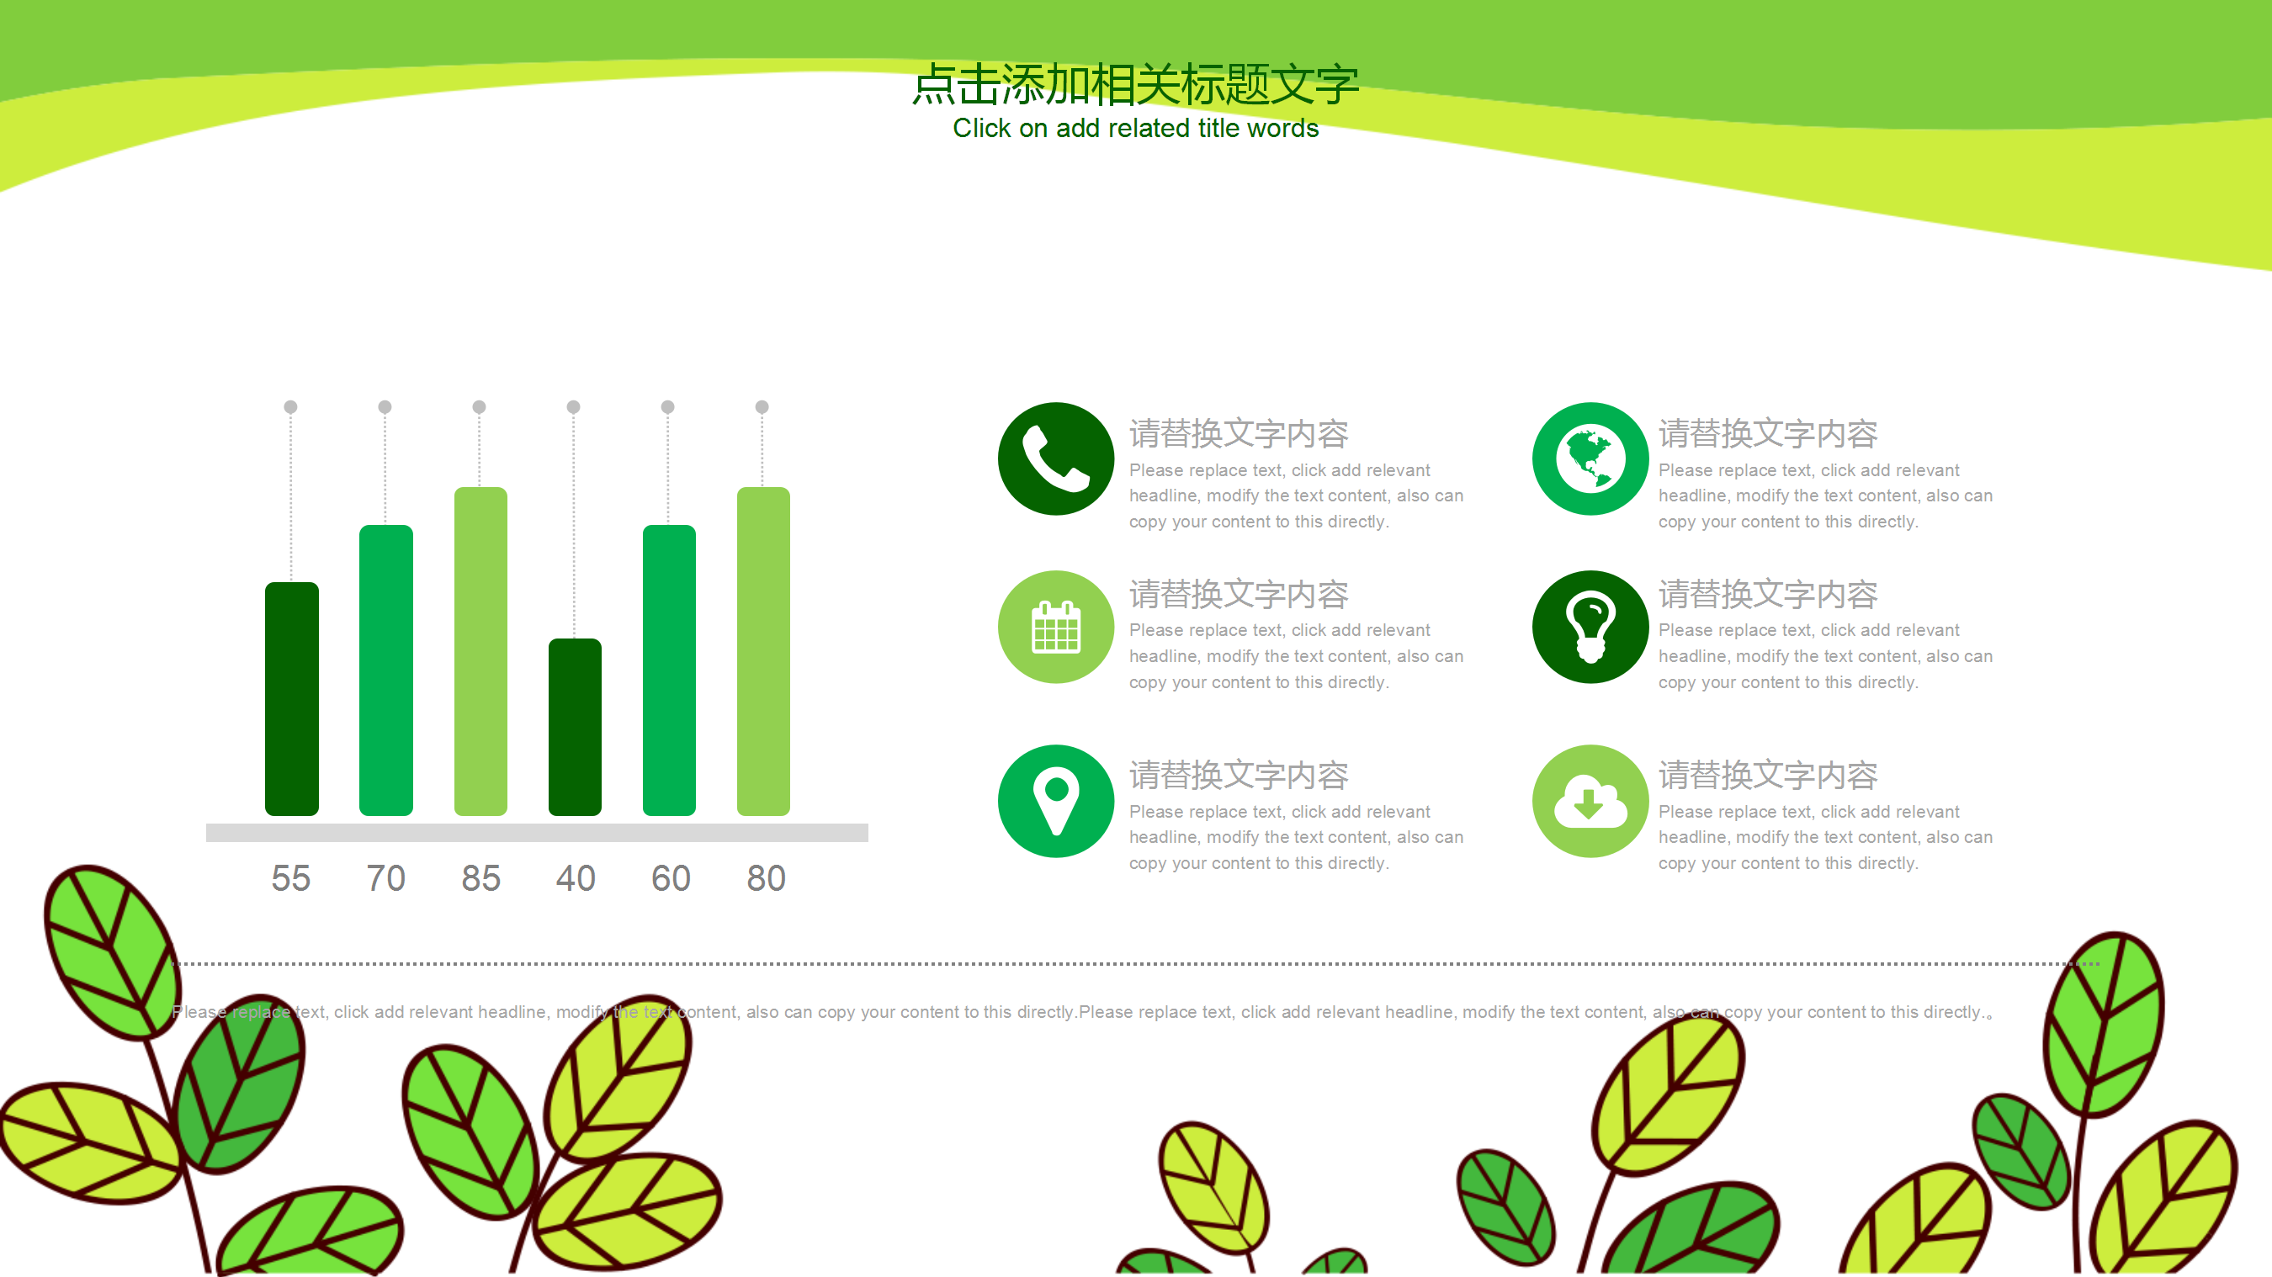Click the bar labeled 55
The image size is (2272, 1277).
(292, 698)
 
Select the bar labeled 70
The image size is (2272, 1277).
(386, 670)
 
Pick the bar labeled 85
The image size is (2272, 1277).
(480, 651)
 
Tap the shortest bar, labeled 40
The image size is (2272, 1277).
(575, 727)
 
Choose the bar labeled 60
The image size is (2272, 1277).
(670, 670)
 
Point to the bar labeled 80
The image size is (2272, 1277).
(764, 651)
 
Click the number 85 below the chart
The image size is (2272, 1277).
(480, 878)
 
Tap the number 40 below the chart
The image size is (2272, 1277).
(575, 878)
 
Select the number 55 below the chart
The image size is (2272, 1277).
(291, 878)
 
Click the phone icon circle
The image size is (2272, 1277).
(1056, 458)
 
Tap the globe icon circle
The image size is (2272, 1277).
(1590, 458)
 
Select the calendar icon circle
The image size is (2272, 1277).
(1056, 627)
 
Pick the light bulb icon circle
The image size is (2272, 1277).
(1590, 627)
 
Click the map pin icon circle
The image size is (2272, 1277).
(1056, 801)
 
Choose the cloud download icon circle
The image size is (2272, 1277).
(1590, 801)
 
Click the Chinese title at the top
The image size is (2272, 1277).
(1135, 85)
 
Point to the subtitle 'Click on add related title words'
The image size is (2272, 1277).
(1135, 129)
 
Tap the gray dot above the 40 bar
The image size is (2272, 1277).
(573, 406)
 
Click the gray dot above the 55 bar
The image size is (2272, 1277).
(290, 406)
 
